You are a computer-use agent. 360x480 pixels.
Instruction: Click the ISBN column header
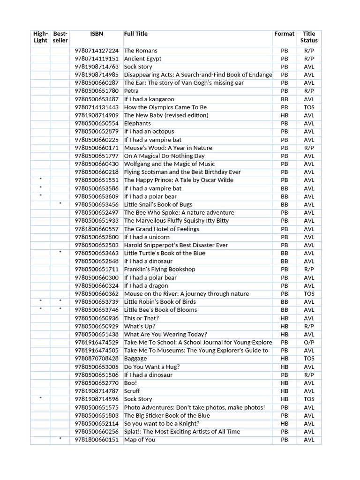[x=97, y=34]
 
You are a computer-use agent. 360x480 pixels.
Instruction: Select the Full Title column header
[x=135, y=34]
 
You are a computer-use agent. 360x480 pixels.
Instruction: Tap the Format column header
[x=284, y=34]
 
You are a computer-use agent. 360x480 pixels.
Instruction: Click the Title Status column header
[x=309, y=37]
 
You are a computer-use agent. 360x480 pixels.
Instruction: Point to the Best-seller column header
[x=60, y=37]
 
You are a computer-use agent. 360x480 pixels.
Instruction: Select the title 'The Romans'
[x=141, y=51]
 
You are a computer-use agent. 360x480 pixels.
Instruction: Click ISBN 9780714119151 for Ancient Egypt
[x=97, y=59]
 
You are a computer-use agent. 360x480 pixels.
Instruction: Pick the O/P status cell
[x=309, y=343]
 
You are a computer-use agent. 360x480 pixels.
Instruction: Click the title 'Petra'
[x=131, y=91]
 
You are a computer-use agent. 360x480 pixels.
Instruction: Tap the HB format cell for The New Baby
[x=284, y=115]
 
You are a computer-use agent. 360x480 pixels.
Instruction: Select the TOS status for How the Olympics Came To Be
[x=309, y=107]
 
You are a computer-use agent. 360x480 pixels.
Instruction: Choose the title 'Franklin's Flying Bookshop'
[x=159, y=270]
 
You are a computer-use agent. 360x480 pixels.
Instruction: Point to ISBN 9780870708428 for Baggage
[x=97, y=359]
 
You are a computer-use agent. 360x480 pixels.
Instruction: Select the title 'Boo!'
[x=130, y=383]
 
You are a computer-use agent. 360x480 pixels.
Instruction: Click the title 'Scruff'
[x=132, y=391]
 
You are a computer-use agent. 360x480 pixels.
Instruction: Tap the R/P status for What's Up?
[x=309, y=326]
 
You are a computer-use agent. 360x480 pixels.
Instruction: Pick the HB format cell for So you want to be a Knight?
[x=284, y=423]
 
